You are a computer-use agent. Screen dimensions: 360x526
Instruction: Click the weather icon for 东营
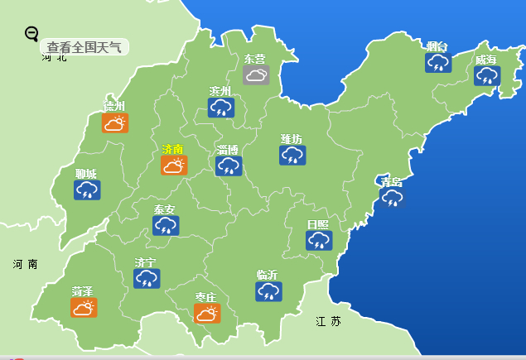tap(256, 75)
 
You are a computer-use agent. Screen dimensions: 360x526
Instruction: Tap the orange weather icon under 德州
tap(114, 123)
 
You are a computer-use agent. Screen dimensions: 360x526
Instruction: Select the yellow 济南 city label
tap(172, 149)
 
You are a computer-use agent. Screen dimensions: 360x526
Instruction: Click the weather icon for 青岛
tap(392, 197)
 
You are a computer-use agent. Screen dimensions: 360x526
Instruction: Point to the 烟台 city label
tap(437, 46)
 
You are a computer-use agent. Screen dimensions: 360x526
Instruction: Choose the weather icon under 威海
tap(487, 76)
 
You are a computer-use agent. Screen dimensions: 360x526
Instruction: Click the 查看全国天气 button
tap(84, 47)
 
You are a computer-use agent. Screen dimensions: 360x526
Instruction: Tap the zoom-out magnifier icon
tap(32, 33)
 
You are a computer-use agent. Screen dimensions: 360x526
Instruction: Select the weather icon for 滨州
tap(221, 108)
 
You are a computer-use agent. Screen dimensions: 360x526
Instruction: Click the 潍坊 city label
tap(292, 138)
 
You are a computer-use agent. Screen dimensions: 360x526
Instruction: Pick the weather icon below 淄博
tap(229, 166)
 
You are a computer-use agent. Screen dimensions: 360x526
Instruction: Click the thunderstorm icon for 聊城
tap(86, 190)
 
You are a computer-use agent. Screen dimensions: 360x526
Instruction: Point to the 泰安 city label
tap(164, 209)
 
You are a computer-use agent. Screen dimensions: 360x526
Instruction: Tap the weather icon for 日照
tap(318, 240)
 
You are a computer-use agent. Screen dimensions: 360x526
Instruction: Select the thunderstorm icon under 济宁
tap(147, 279)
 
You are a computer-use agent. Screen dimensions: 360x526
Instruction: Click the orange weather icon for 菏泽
tap(83, 308)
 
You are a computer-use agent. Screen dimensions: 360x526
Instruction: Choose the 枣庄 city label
tap(205, 297)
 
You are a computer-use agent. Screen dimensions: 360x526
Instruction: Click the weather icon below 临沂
tap(268, 291)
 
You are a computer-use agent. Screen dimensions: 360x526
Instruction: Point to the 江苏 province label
tap(328, 321)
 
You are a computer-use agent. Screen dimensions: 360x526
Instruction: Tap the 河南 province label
tap(26, 264)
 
